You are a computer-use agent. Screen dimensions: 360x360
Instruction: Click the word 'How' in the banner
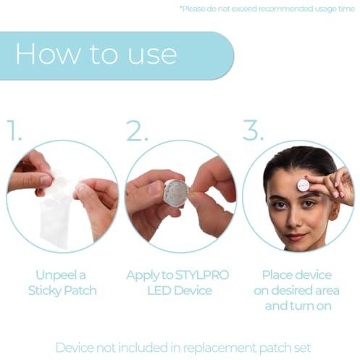pos(47,53)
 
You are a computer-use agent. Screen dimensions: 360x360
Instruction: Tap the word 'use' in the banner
pos(152,56)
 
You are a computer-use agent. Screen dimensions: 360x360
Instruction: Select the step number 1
pos(14,130)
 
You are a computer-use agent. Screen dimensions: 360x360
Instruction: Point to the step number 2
pos(137,130)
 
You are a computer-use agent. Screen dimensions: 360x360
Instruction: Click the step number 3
pos(253,130)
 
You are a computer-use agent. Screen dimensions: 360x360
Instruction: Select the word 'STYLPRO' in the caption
pos(202,275)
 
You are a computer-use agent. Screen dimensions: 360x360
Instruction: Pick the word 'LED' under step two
pos(159,290)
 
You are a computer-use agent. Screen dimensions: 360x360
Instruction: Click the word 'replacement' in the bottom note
pos(219,348)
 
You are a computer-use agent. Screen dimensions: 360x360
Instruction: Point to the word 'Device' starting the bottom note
pos(75,348)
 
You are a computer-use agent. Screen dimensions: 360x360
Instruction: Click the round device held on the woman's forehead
pos(304,185)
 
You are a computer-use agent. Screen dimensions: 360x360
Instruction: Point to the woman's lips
pos(295,237)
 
